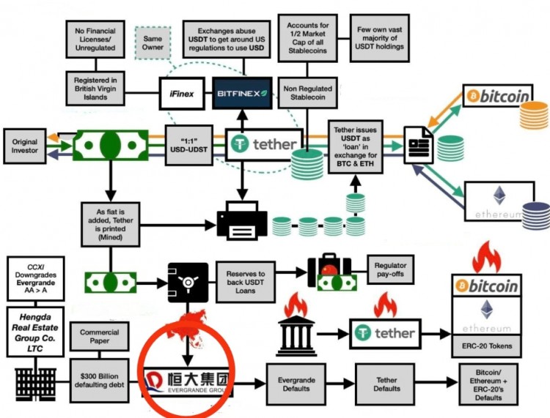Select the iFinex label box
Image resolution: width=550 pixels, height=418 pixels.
click(180, 93)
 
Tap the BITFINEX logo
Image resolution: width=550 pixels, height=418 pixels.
click(242, 93)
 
